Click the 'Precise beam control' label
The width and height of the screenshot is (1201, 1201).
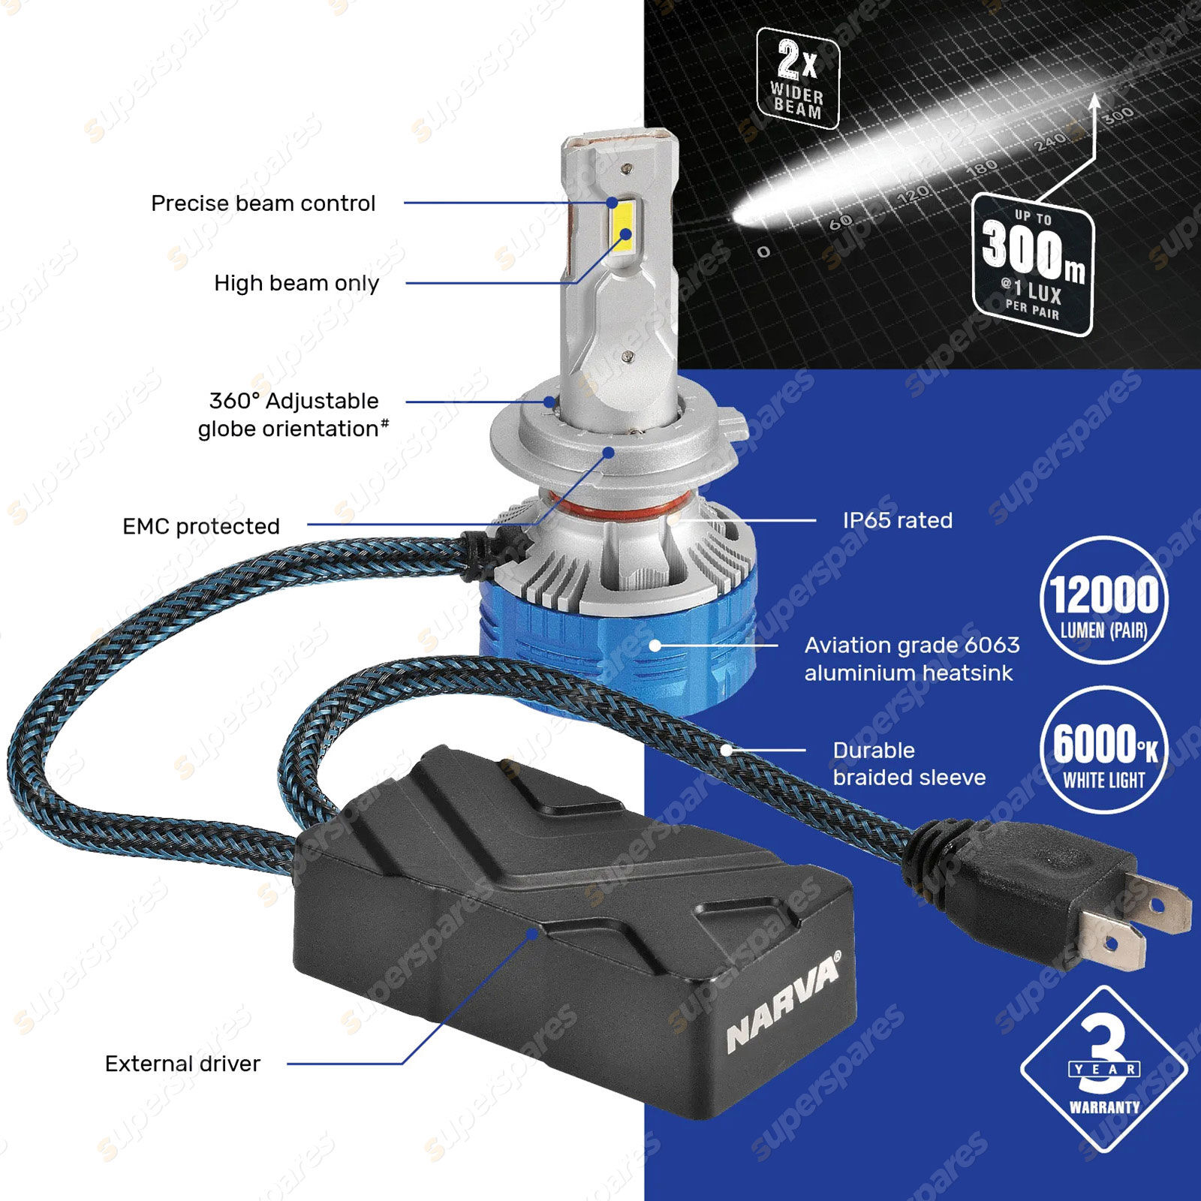click(x=263, y=203)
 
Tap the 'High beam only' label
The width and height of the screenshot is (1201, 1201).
click(x=296, y=283)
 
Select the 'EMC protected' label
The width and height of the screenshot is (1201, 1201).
click(x=201, y=526)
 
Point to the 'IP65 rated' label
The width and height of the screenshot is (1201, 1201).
click(x=897, y=520)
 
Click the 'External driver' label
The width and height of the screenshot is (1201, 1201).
click(x=182, y=1064)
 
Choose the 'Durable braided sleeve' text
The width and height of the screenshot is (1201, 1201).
click(x=909, y=763)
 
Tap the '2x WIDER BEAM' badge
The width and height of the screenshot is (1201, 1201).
click(x=797, y=78)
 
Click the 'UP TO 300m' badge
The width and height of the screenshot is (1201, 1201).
click(x=1033, y=263)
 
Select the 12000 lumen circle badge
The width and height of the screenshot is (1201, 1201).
click(x=1103, y=600)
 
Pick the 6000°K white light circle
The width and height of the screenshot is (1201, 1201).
click(x=1103, y=749)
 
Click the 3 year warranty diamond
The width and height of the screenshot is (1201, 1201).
click(x=1104, y=1069)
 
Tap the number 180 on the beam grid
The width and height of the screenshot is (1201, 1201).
click(x=981, y=167)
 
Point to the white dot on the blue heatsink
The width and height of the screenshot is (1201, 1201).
click(x=655, y=645)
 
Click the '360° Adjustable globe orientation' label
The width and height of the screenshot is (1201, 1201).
click(x=293, y=414)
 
